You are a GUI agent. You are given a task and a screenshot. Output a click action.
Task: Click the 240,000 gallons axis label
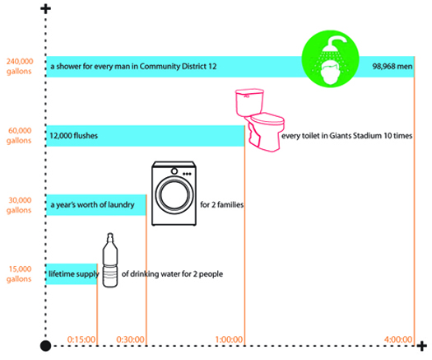pyautogui.click(x=19, y=66)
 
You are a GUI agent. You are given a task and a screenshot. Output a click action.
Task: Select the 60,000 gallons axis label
pyautogui.click(x=19, y=135)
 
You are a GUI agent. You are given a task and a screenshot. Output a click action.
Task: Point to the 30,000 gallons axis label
pyautogui.click(x=19, y=205)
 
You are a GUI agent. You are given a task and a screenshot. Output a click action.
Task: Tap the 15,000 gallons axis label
pyautogui.click(x=19, y=274)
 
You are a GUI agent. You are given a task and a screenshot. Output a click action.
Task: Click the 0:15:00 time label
pyautogui.click(x=81, y=339)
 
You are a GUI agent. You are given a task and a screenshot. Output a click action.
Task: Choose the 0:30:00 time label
pyautogui.click(x=130, y=339)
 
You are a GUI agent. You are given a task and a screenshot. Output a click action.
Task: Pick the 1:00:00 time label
pyautogui.click(x=229, y=339)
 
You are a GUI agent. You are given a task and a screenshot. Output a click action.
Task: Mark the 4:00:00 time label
pyautogui.click(x=398, y=339)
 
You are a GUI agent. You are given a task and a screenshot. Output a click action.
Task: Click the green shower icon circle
pyautogui.click(x=330, y=58)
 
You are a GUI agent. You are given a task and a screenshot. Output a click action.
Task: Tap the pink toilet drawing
pyautogui.click(x=259, y=120)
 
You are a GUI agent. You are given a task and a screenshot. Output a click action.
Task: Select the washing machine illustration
pyautogui.click(x=174, y=194)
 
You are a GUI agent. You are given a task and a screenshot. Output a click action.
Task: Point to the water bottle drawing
pyautogui.click(x=110, y=260)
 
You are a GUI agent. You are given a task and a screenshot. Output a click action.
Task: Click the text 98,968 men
pyautogui.click(x=393, y=67)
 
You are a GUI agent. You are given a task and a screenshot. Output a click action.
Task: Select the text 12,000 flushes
pyautogui.click(x=73, y=136)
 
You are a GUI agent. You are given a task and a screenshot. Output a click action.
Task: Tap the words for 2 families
pyautogui.click(x=222, y=204)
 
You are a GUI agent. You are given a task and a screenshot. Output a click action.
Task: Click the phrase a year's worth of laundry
pyautogui.click(x=92, y=204)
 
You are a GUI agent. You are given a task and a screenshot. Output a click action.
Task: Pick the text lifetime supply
pyautogui.click(x=73, y=274)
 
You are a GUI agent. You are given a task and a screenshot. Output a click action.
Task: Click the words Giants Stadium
pyautogui.click(x=355, y=136)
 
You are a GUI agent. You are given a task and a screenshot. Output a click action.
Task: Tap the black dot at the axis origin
pyautogui.click(x=46, y=346)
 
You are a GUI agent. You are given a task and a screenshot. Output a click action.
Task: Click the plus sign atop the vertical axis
pyautogui.click(x=46, y=9)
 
